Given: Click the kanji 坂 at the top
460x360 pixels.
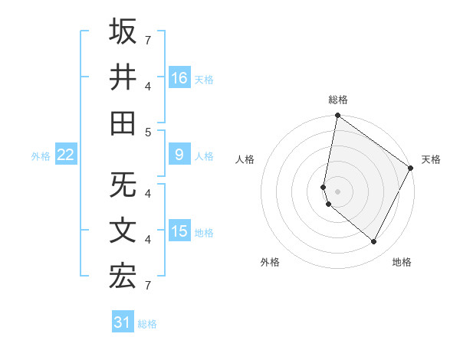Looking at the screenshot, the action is click(123, 31).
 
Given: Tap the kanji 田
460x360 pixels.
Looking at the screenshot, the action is click(123, 123).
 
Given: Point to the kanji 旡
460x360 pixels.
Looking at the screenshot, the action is click(123, 185).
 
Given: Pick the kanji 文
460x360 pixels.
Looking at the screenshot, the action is click(123, 231).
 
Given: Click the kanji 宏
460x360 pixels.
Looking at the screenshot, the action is click(123, 277).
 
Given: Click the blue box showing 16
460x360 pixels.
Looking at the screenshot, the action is click(179, 77).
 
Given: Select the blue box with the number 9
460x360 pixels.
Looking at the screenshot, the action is click(179, 155).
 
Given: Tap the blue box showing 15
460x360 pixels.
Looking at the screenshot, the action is click(179, 231).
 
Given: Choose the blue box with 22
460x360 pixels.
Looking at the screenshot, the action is click(65, 155).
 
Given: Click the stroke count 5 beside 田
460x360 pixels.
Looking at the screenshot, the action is click(147, 131).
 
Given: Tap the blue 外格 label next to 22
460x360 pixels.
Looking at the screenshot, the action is click(41, 155).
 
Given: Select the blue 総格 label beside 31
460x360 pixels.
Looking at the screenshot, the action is click(147, 324).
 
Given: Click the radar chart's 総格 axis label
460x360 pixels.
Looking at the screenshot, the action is click(337, 100).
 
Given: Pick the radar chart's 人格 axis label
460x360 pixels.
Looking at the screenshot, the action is click(245, 159).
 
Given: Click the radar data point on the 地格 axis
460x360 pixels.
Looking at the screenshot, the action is click(374, 242).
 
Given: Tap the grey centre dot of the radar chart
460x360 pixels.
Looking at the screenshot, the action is click(337, 191).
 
